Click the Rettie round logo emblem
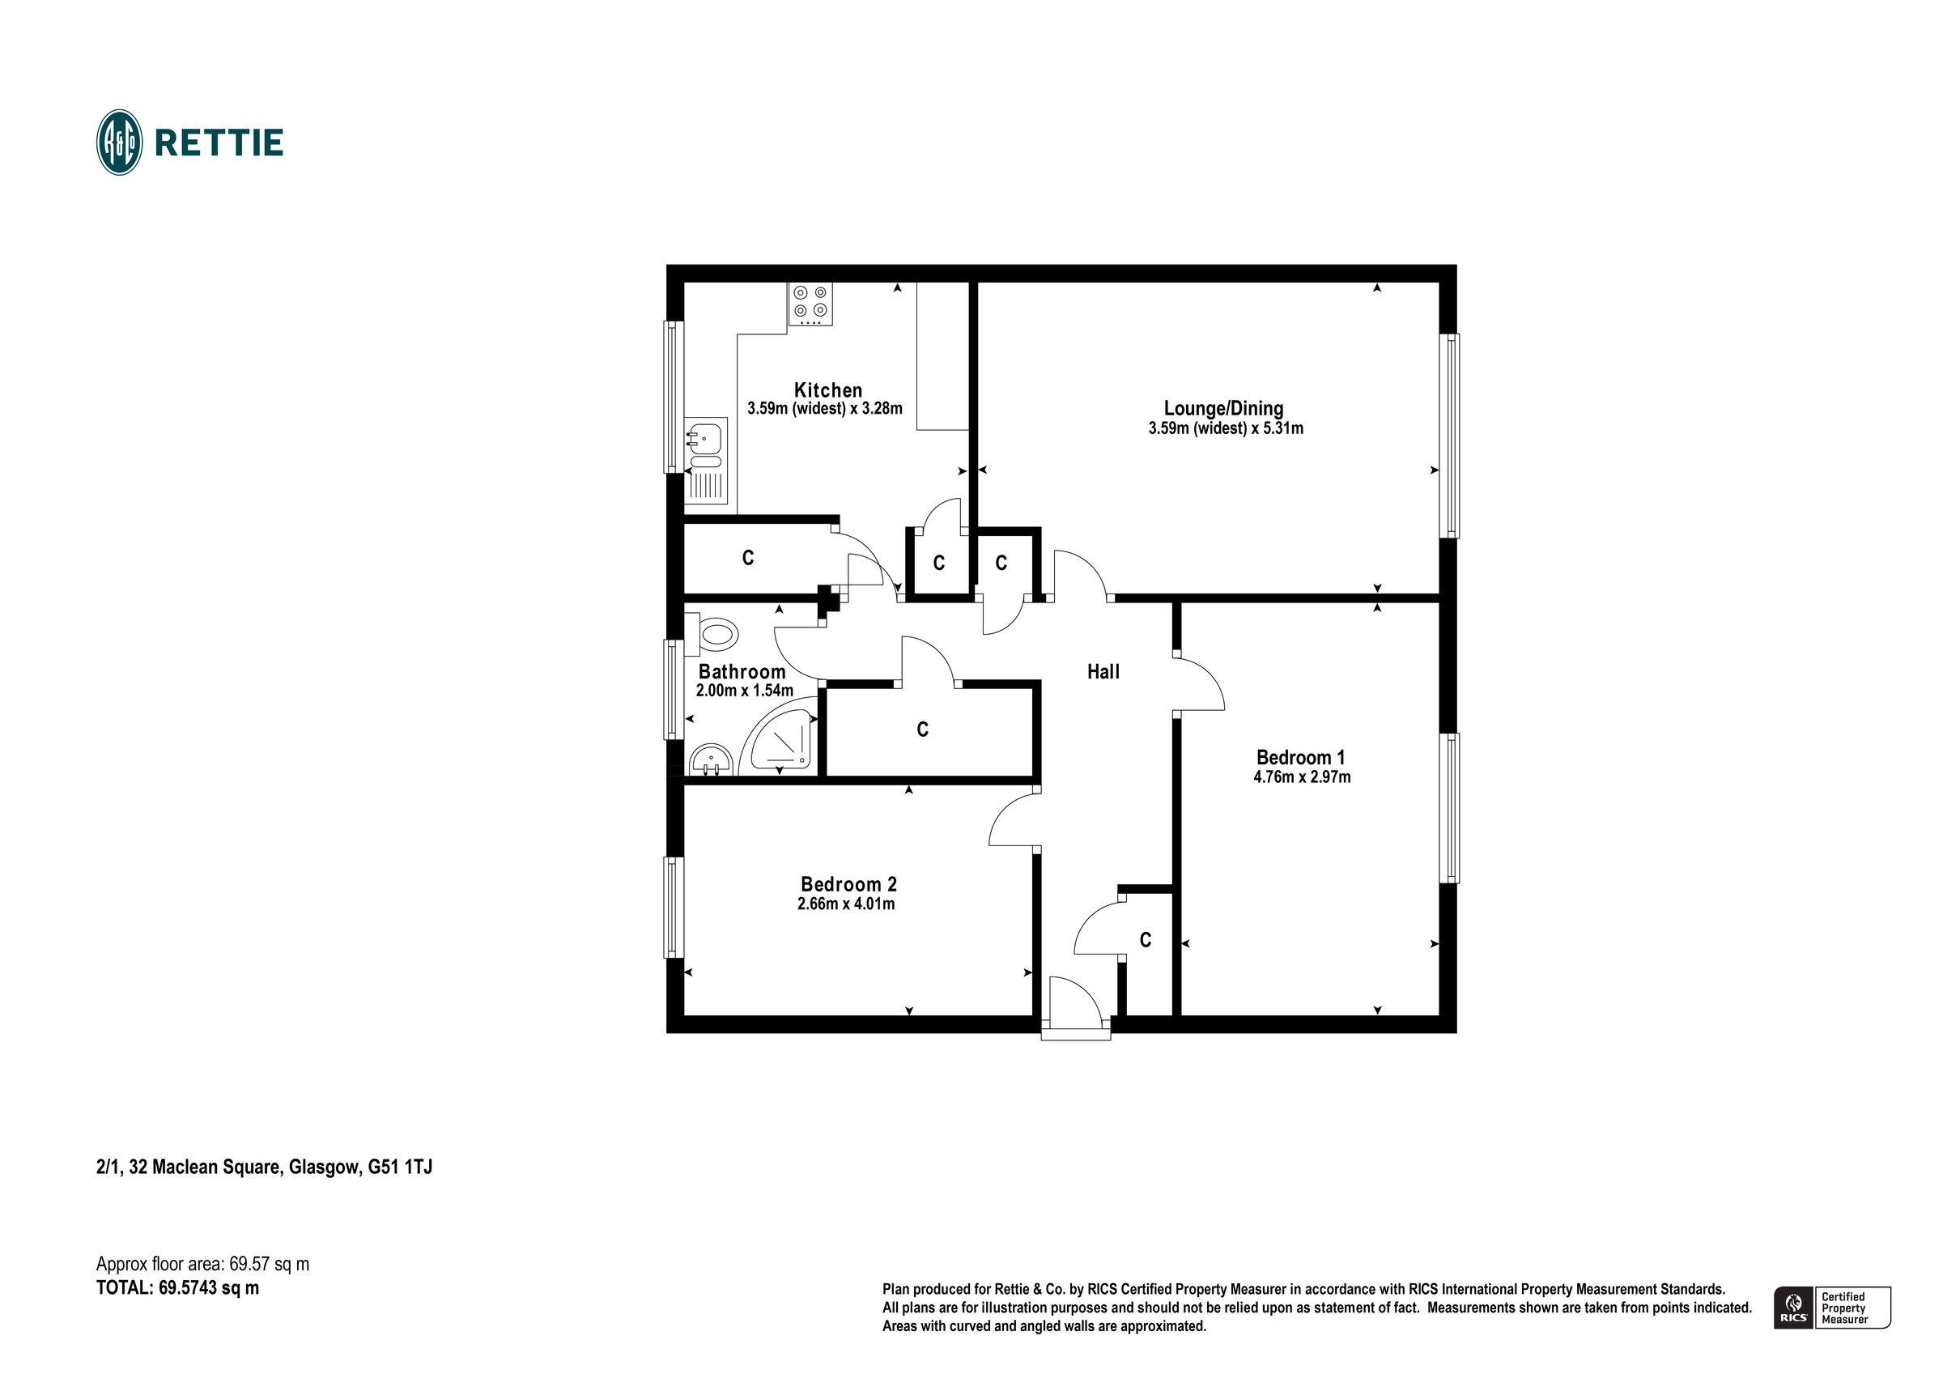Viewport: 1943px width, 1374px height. (119, 143)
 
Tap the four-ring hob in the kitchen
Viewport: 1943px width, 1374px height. (810, 304)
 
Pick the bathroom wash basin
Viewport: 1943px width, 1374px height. (710, 760)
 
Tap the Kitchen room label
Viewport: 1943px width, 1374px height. (827, 390)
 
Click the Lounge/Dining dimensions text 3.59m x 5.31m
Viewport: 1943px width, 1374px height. (1225, 428)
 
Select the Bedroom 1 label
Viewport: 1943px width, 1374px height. (1300, 758)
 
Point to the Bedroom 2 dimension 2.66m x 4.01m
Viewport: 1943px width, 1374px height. (845, 904)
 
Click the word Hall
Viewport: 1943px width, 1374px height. (1103, 672)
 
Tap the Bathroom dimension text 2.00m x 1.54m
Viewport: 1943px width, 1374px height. (744, 691)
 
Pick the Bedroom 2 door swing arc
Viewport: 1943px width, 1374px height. (1011, 818)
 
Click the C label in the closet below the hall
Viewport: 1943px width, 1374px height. (1145, 940)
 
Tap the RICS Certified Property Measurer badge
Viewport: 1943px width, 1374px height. (1831, 1308)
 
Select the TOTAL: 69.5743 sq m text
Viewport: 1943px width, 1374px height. (178, 1288)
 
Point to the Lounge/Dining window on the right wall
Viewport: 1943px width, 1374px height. (1449, 435)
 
